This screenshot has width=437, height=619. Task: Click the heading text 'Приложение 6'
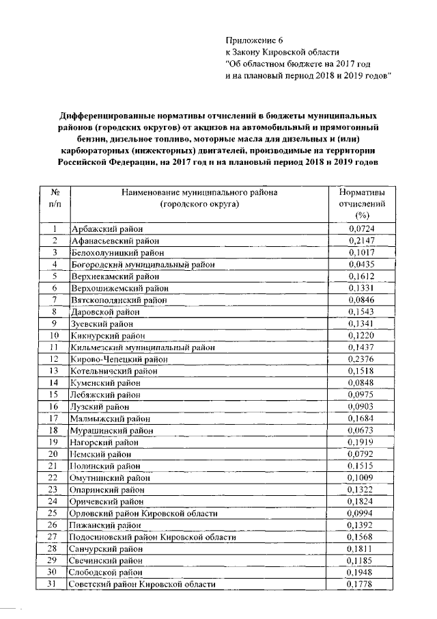253,40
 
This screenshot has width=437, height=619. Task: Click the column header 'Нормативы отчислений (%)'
361,204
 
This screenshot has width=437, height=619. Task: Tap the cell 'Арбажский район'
102,228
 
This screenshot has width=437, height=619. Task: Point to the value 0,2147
361,240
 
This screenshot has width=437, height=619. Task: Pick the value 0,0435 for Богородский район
361,264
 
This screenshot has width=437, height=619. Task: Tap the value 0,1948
361,572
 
